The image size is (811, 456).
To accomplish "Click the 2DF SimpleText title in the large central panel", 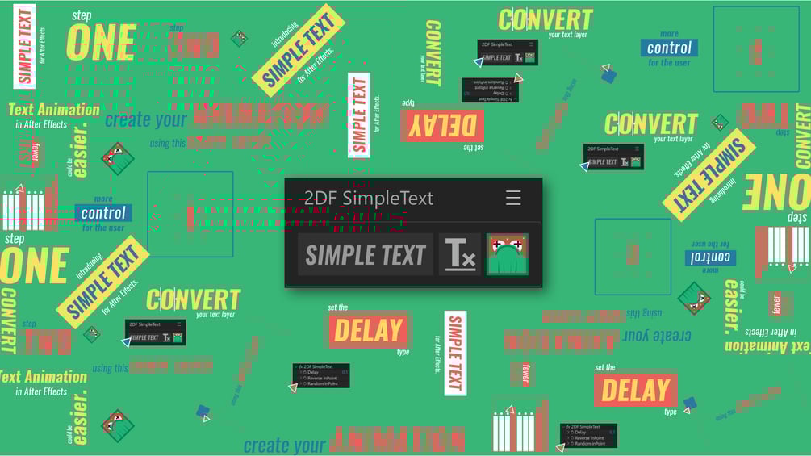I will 368,199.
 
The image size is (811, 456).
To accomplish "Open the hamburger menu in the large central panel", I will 513,198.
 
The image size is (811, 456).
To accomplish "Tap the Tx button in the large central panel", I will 459,255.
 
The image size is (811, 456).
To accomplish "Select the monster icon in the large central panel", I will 507,254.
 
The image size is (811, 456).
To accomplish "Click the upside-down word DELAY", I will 441,125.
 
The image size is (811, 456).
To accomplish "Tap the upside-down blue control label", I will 710,257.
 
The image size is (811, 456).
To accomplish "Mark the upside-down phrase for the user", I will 710,243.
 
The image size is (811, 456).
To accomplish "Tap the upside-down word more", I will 710,270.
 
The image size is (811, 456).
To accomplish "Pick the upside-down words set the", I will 474,147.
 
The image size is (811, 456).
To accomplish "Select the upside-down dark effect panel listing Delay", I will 490,90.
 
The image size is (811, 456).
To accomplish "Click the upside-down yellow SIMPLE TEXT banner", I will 709,174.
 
